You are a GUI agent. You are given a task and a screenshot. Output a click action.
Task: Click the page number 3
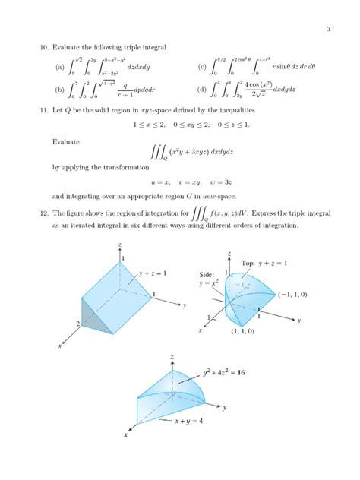328,30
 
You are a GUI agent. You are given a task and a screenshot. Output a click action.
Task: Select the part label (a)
60,66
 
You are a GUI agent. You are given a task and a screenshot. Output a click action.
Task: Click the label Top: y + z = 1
264,263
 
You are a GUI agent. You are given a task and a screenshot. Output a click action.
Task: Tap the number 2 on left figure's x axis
78,324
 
